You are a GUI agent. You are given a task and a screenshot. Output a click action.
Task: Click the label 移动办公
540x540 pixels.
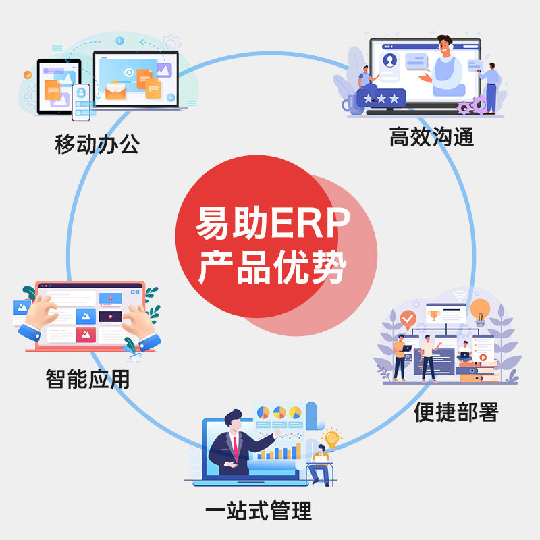coord(97,144)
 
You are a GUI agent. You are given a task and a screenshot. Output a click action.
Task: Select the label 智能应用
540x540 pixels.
coord(87,378)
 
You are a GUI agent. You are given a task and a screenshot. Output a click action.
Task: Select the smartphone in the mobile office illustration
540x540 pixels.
coord(81,102)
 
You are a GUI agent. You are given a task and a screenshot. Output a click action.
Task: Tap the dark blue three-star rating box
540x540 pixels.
coord(381,99)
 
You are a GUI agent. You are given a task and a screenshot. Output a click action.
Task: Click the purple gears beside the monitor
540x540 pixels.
coord(473,105)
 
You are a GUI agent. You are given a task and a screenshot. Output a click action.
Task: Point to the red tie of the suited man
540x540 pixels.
coord(235,446)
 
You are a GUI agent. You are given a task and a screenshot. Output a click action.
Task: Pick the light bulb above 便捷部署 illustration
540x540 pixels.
coord(480,310)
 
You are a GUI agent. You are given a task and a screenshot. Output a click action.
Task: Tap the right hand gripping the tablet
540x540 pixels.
coord(139,321)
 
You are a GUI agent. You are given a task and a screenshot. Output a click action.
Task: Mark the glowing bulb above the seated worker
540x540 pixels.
coord(331,438)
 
